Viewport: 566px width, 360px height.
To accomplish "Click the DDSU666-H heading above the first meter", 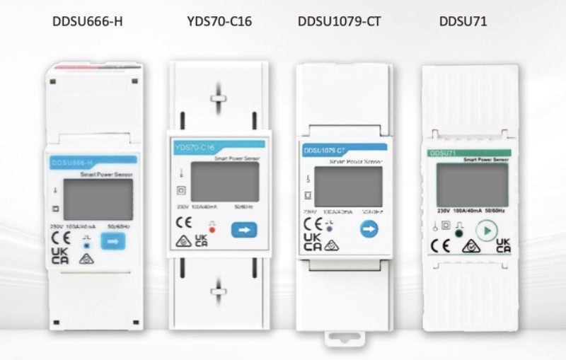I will pos(88,21).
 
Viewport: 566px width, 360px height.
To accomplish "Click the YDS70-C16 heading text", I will pos(219,21).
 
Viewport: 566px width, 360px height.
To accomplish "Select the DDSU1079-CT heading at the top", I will pos(340,21).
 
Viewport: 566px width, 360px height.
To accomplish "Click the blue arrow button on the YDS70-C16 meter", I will pos(244,230).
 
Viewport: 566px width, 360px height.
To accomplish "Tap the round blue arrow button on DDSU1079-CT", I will pos(368,228).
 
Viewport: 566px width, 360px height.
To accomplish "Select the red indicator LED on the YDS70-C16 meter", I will pos(213,231).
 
